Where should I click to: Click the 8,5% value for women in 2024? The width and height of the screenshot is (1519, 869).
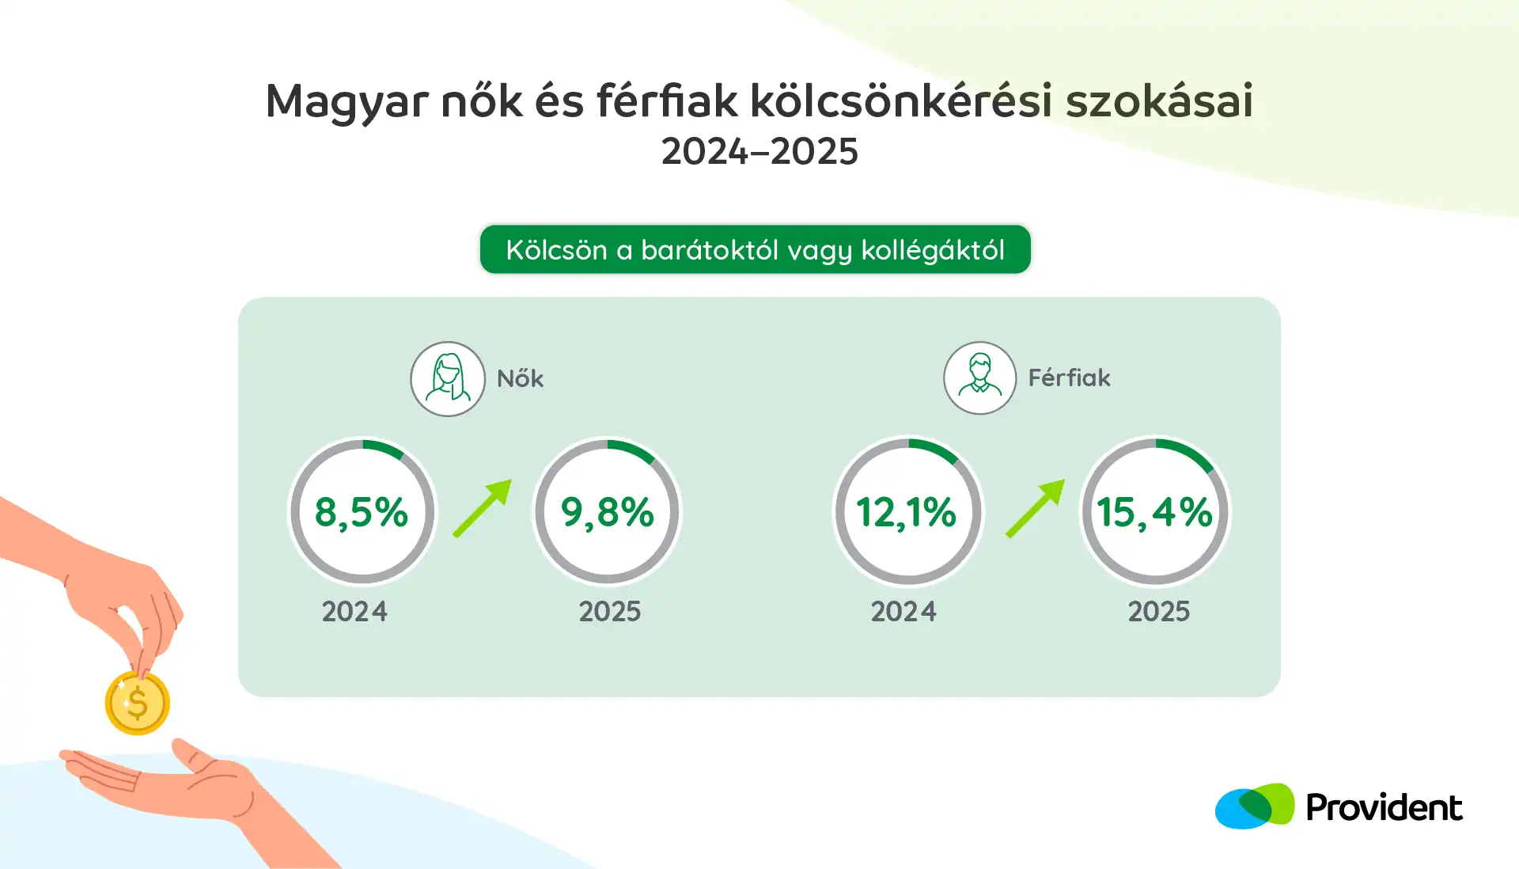pyautogui.click(x=362, y=512)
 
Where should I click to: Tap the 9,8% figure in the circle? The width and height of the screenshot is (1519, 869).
pyautogui.click(x=608, y=512)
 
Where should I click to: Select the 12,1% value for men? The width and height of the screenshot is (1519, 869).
pyautogui.click(x=907, y=512)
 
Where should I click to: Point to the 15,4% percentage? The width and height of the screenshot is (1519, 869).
pyautogui.click(x=1154, y=512)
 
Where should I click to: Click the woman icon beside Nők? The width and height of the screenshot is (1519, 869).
pyautogui.click(x=448, y=379)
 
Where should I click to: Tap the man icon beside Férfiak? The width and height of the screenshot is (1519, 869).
pyautogui.click(x=980, y=378)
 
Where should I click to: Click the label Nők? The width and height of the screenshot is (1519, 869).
pyautogui.click(x=520, y=378)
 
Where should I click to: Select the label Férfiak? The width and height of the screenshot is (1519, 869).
pyautogui.click(x=1069, y=378)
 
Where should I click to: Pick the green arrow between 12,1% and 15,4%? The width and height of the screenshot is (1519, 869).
pyautogui.click(x=1036, y=508)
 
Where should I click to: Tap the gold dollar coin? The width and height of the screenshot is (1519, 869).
pyautogui.click(x=138, y=703)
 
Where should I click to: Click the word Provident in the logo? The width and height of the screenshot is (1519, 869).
pyautogui.click(x=1384, y=807)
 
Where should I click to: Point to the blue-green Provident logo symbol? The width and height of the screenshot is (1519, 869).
pyautogui.click(x=1255, y=806)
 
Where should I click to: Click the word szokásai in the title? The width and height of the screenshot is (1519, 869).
pyautogui.click(x=1159, y=101)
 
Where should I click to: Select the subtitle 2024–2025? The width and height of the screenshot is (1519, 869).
pyautogui.click(x=759, y=151)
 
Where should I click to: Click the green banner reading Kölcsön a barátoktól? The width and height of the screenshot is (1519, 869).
pyautogui.click(x=756, y=249)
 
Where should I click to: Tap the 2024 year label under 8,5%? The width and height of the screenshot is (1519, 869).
pyautogui.click(x=354, y=612)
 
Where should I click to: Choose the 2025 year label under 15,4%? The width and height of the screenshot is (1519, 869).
pyautogui.click(x=1159, y=612)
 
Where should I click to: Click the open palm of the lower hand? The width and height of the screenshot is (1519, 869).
pyautogui.click(x=158, y=780)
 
